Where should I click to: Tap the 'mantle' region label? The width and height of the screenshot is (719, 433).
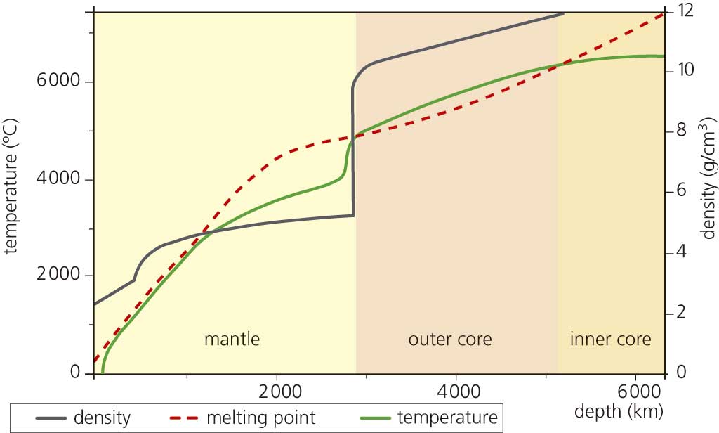click(232, 340)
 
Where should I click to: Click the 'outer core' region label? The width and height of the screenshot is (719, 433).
click(450, 340)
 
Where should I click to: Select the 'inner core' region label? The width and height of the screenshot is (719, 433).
click(610, 340)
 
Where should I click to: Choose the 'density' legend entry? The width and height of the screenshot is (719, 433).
click(101, 418)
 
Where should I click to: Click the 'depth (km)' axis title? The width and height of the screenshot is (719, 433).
click(619, 410)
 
